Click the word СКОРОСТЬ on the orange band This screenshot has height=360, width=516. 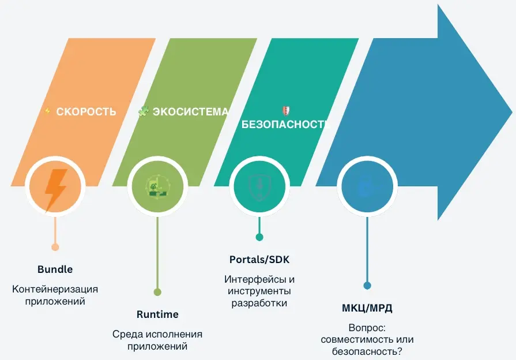(x=86, y=112)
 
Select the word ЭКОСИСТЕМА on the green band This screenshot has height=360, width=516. (x=190, y=112)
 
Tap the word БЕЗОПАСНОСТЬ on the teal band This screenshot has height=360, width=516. (x=285, y=124)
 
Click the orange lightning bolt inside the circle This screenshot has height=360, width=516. (x=55, y=190)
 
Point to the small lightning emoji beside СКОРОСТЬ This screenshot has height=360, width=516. (x=47, y=111)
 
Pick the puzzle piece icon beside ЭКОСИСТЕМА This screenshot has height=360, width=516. (x=143, y=111)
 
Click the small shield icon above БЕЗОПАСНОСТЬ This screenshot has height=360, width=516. (x=286, y=111)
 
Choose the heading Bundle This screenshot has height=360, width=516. (x=55, y=269)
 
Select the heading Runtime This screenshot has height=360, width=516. (x=157, y=314)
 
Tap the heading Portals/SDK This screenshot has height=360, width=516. (x=259, y=260)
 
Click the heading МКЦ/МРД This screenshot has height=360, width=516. (x=367, y=308)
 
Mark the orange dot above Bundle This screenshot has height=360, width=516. (x=55, y=247)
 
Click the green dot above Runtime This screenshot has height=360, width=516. (x=157, y=292)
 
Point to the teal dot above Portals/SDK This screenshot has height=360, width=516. (x=259, y=237)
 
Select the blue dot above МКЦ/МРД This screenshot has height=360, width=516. (x=367, y=286)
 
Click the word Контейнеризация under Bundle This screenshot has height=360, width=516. (x=55, y=289)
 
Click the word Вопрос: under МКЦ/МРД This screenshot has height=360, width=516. (x=367, y=328)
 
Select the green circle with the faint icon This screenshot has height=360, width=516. (x=157, y=186)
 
